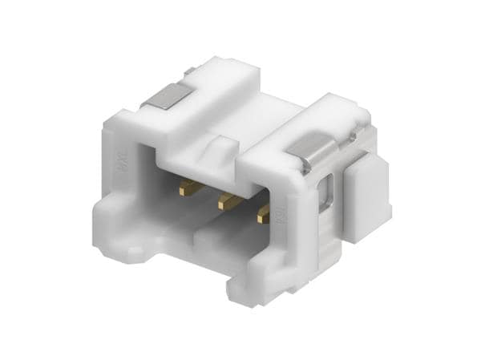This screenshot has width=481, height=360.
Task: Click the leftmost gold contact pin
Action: (x=191, y=188)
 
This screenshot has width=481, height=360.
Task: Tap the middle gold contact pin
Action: (x=228, y=202)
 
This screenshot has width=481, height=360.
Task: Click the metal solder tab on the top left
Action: (x=166, y=99)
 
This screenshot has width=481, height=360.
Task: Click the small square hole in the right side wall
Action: (x=325, y=194)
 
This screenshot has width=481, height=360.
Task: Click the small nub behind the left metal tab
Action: (x=189, y=72)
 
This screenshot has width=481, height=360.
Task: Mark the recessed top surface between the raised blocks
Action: (x=265, y=112)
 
